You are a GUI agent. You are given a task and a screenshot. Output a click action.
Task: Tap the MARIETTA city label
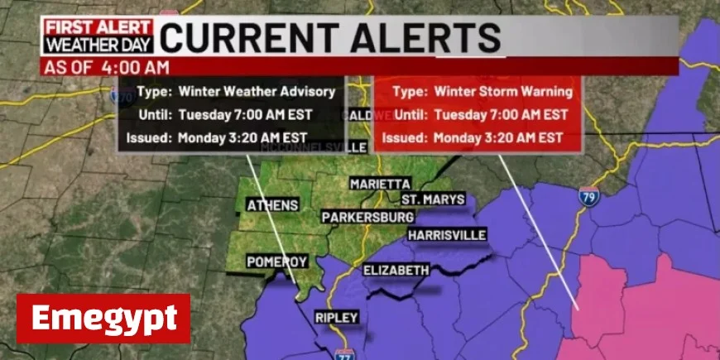[380, 183]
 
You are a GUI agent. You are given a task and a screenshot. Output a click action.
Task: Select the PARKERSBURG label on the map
[367, 217]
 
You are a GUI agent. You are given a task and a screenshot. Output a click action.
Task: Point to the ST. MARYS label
[433, 199]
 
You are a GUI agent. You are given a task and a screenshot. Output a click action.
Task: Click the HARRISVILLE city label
[446, 235]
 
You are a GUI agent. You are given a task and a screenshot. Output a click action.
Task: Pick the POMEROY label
[277, 262]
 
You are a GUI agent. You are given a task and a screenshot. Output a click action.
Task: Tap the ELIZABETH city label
[396, 270]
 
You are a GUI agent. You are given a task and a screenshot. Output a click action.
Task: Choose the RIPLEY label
[336, 317]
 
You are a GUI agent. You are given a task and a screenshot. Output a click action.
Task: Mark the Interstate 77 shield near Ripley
[344, 354]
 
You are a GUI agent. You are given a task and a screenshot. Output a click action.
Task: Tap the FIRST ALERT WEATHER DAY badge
[98, 38]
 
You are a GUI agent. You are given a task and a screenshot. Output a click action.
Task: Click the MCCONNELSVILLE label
[314, 147]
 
